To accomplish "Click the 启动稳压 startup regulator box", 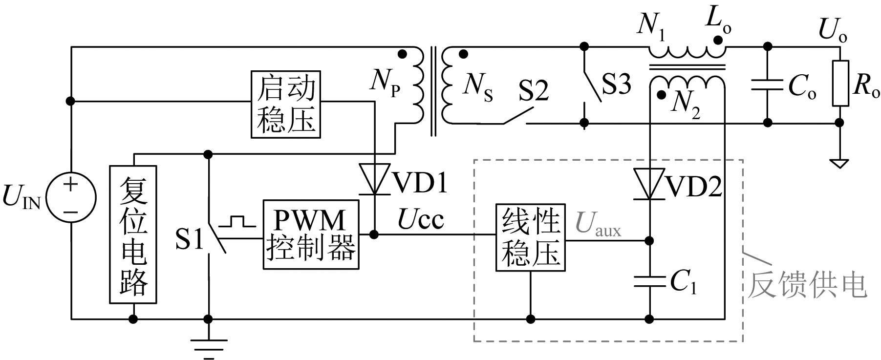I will [286, 104].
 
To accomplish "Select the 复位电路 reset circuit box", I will [133, 234].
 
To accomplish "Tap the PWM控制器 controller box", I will [311, 234].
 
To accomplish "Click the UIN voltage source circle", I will [71, 198].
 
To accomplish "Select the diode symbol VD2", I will [649, 184].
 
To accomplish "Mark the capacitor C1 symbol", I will [649, 282].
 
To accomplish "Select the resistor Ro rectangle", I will [840, 83].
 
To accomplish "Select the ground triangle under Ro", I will [840, 163].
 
